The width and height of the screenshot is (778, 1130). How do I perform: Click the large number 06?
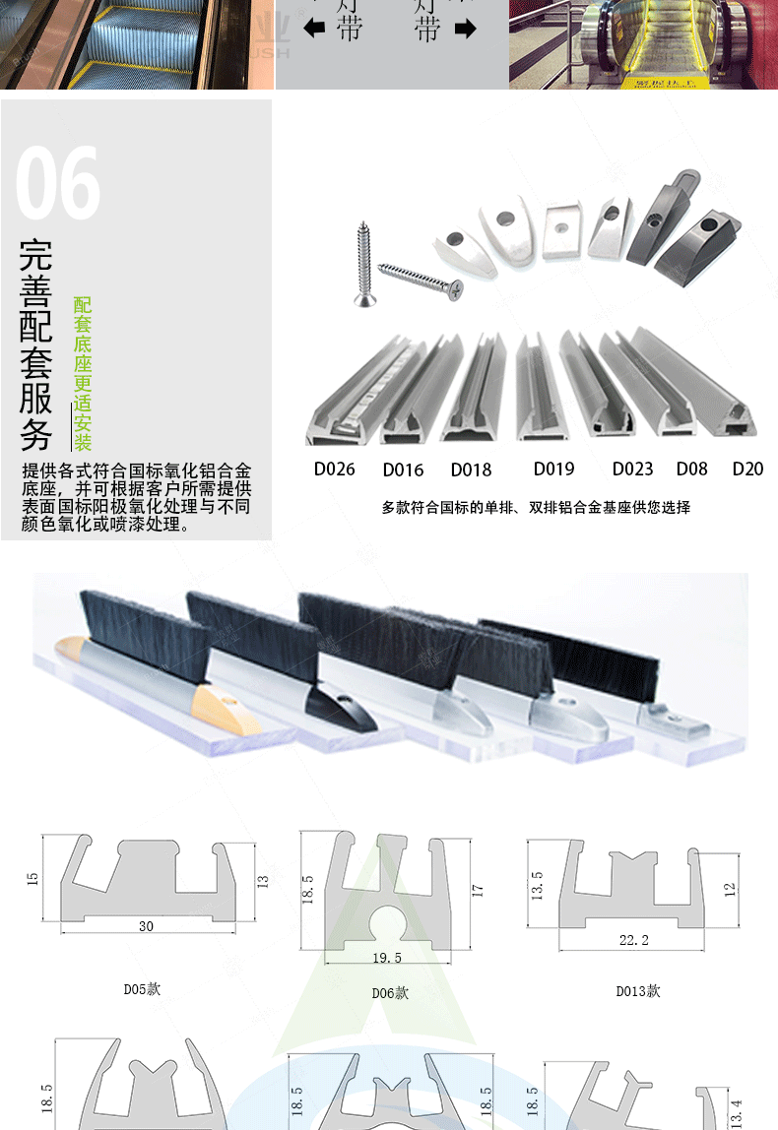59,183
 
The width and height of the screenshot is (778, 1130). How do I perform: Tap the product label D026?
334,469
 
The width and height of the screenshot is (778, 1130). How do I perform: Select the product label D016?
403,470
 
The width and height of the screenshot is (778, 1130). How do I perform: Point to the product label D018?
471,470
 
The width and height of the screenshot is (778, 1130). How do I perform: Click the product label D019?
553,469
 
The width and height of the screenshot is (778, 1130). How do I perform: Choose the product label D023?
632,469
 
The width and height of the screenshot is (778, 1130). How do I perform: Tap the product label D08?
691,469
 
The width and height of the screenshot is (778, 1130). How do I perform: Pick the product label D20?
747,469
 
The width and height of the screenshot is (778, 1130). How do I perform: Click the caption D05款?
142,988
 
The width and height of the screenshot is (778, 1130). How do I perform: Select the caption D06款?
390,992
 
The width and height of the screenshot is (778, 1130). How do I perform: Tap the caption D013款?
638,990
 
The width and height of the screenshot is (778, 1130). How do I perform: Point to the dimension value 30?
146,925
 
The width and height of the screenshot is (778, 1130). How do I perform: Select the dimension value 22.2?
634,940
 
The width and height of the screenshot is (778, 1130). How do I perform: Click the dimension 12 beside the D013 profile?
730,888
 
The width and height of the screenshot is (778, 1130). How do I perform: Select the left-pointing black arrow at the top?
314,30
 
